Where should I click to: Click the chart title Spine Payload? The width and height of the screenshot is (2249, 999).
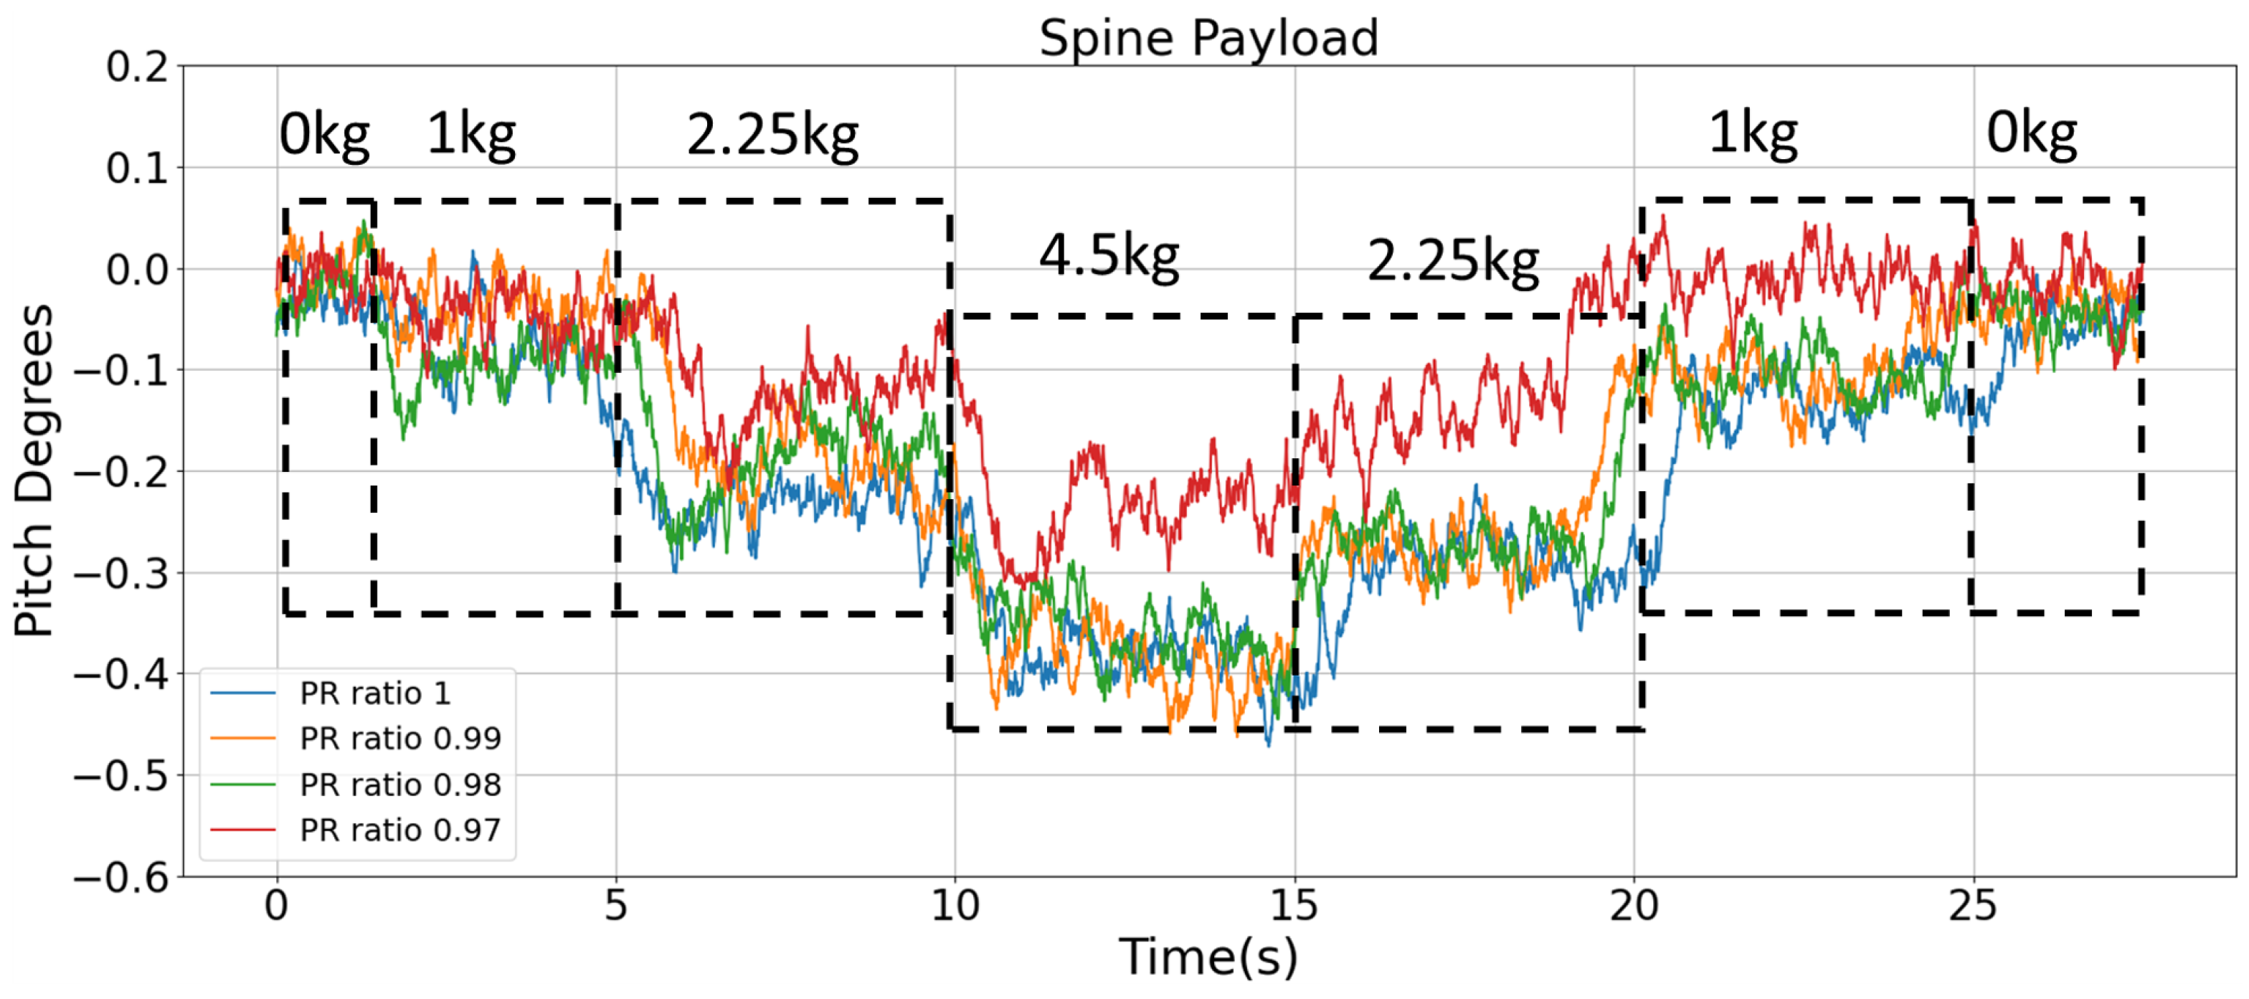(x=1208, y=39)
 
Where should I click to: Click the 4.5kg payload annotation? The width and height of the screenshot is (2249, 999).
(x=1109, y=257)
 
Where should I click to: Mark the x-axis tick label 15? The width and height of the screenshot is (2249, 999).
(x=1294, y=906)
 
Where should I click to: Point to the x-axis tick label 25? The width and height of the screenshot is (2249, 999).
(x=1972, y=906)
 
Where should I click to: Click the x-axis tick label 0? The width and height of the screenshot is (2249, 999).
(x=277, y=906)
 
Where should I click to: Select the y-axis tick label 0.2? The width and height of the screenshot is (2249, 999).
(x=138, y=67)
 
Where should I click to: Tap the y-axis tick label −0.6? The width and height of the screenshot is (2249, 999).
(x=121, y=877)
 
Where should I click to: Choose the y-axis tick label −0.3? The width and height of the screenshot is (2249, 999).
(x=121, y=574)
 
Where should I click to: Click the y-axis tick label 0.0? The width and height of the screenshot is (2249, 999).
(x=138, y=270)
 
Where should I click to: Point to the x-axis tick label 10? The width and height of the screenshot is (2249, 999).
(x=955, y=906)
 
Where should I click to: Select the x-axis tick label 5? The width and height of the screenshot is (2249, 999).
(x=616, y=906)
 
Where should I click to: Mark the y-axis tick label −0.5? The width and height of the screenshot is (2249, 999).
(x=121, y=776)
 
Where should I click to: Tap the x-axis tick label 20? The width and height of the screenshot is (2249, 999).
(x=1634, y=906)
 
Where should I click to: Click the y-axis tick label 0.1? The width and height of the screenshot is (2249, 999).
(x=138, y=169)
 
